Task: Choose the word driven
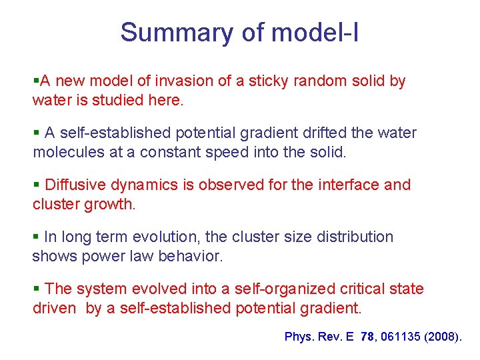[54, 309]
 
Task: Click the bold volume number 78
[367, 337]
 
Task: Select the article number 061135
[399, 337]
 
